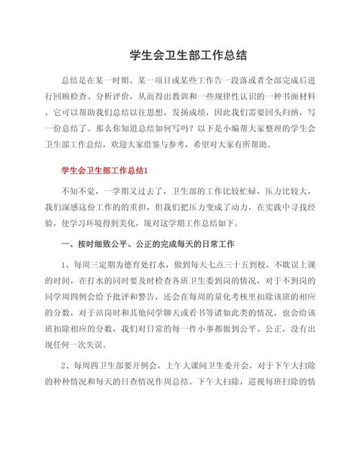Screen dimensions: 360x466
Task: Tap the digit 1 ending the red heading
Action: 145,171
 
